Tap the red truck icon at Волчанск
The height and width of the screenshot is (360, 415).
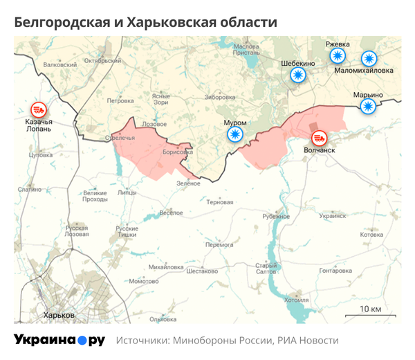[x=319, y=138]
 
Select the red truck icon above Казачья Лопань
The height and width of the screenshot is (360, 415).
[x=38, y=109]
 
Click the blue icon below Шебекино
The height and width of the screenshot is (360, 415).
[x=298, y=75]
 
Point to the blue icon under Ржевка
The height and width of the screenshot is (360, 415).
[x=337, y=57]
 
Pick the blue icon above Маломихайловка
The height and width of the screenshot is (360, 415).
[x=367, y=59]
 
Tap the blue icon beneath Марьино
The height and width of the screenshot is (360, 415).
[x=368, y=105]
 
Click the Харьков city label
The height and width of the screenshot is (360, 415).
[x=59, y=315]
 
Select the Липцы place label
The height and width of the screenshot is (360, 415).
[x=128, y=192]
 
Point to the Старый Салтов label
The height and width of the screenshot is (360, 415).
[x=266, y=269]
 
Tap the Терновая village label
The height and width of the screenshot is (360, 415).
[x=220, y=203]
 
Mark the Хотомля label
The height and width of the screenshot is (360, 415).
[x=297, y=300]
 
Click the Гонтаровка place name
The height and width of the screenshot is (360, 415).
[x=335, y=271]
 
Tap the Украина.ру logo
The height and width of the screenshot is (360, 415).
[x=59, y=340]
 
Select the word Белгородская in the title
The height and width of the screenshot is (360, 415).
[x=61, y=23]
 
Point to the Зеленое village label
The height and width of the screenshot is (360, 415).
[x=188, y=183]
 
